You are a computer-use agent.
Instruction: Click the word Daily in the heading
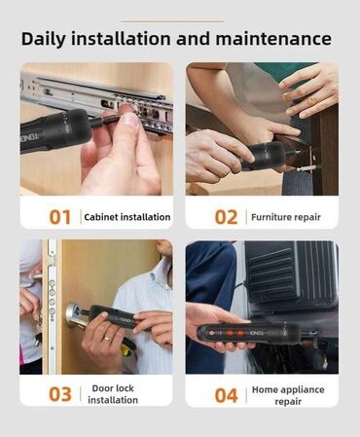[43, 39]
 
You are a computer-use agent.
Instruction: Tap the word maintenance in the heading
[273, 38]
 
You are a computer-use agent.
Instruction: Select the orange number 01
[59, 217]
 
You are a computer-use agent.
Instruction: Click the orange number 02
[226, 217]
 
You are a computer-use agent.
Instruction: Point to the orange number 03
[60, 394]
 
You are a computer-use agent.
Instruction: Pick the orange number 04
[227, 395]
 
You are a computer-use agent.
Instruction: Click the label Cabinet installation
[127, 217]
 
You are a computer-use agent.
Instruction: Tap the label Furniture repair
[286, 217]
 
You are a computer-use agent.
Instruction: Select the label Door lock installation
[113, 394]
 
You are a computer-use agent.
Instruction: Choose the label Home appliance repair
[288, 395]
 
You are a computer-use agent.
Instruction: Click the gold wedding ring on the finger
[107, 339]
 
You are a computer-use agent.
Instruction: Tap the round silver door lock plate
[75, 313]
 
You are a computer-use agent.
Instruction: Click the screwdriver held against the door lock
[114, 316]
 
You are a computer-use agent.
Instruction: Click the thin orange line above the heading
[172, 21]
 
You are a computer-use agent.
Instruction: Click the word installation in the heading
[121, 38]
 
